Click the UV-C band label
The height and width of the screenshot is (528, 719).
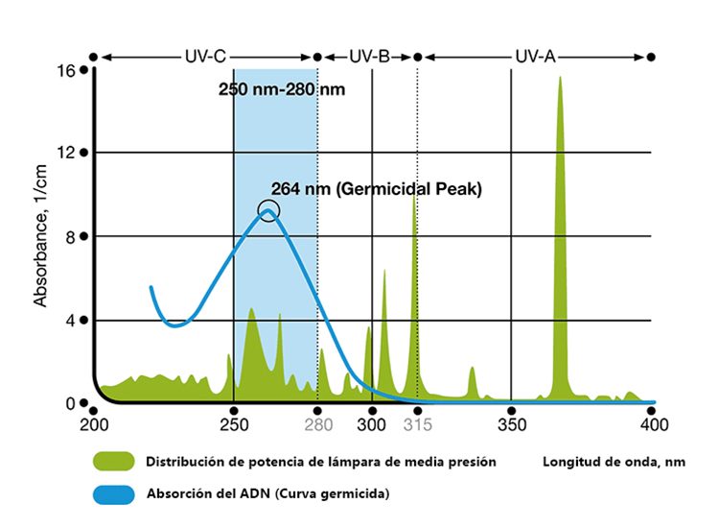tap(205, 57)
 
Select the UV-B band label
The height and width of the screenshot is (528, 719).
tap(369, 57)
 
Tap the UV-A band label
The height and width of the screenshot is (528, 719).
tap(535, 57)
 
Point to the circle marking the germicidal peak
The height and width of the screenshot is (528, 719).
tap(268, 210)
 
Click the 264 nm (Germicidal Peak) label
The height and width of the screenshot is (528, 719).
tap(376, 189)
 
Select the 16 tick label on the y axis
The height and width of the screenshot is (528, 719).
tap(66, 70)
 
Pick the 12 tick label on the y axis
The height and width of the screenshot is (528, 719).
tap(66, 153)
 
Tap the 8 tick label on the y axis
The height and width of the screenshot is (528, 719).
tap(70, 236)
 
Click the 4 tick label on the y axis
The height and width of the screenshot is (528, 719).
tap(70, 320)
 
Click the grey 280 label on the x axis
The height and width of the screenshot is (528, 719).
tap(317, 423)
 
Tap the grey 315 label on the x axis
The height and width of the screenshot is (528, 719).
tap(417, 423)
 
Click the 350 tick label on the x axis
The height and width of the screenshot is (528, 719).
tap(511, 423)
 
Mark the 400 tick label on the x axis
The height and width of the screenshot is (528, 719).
tap(653, 423)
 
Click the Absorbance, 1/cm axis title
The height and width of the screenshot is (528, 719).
tap(40, 248)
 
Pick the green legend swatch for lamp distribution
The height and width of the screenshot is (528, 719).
tap(114, 462)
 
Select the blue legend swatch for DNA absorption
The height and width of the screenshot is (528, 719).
tap(114, 494)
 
